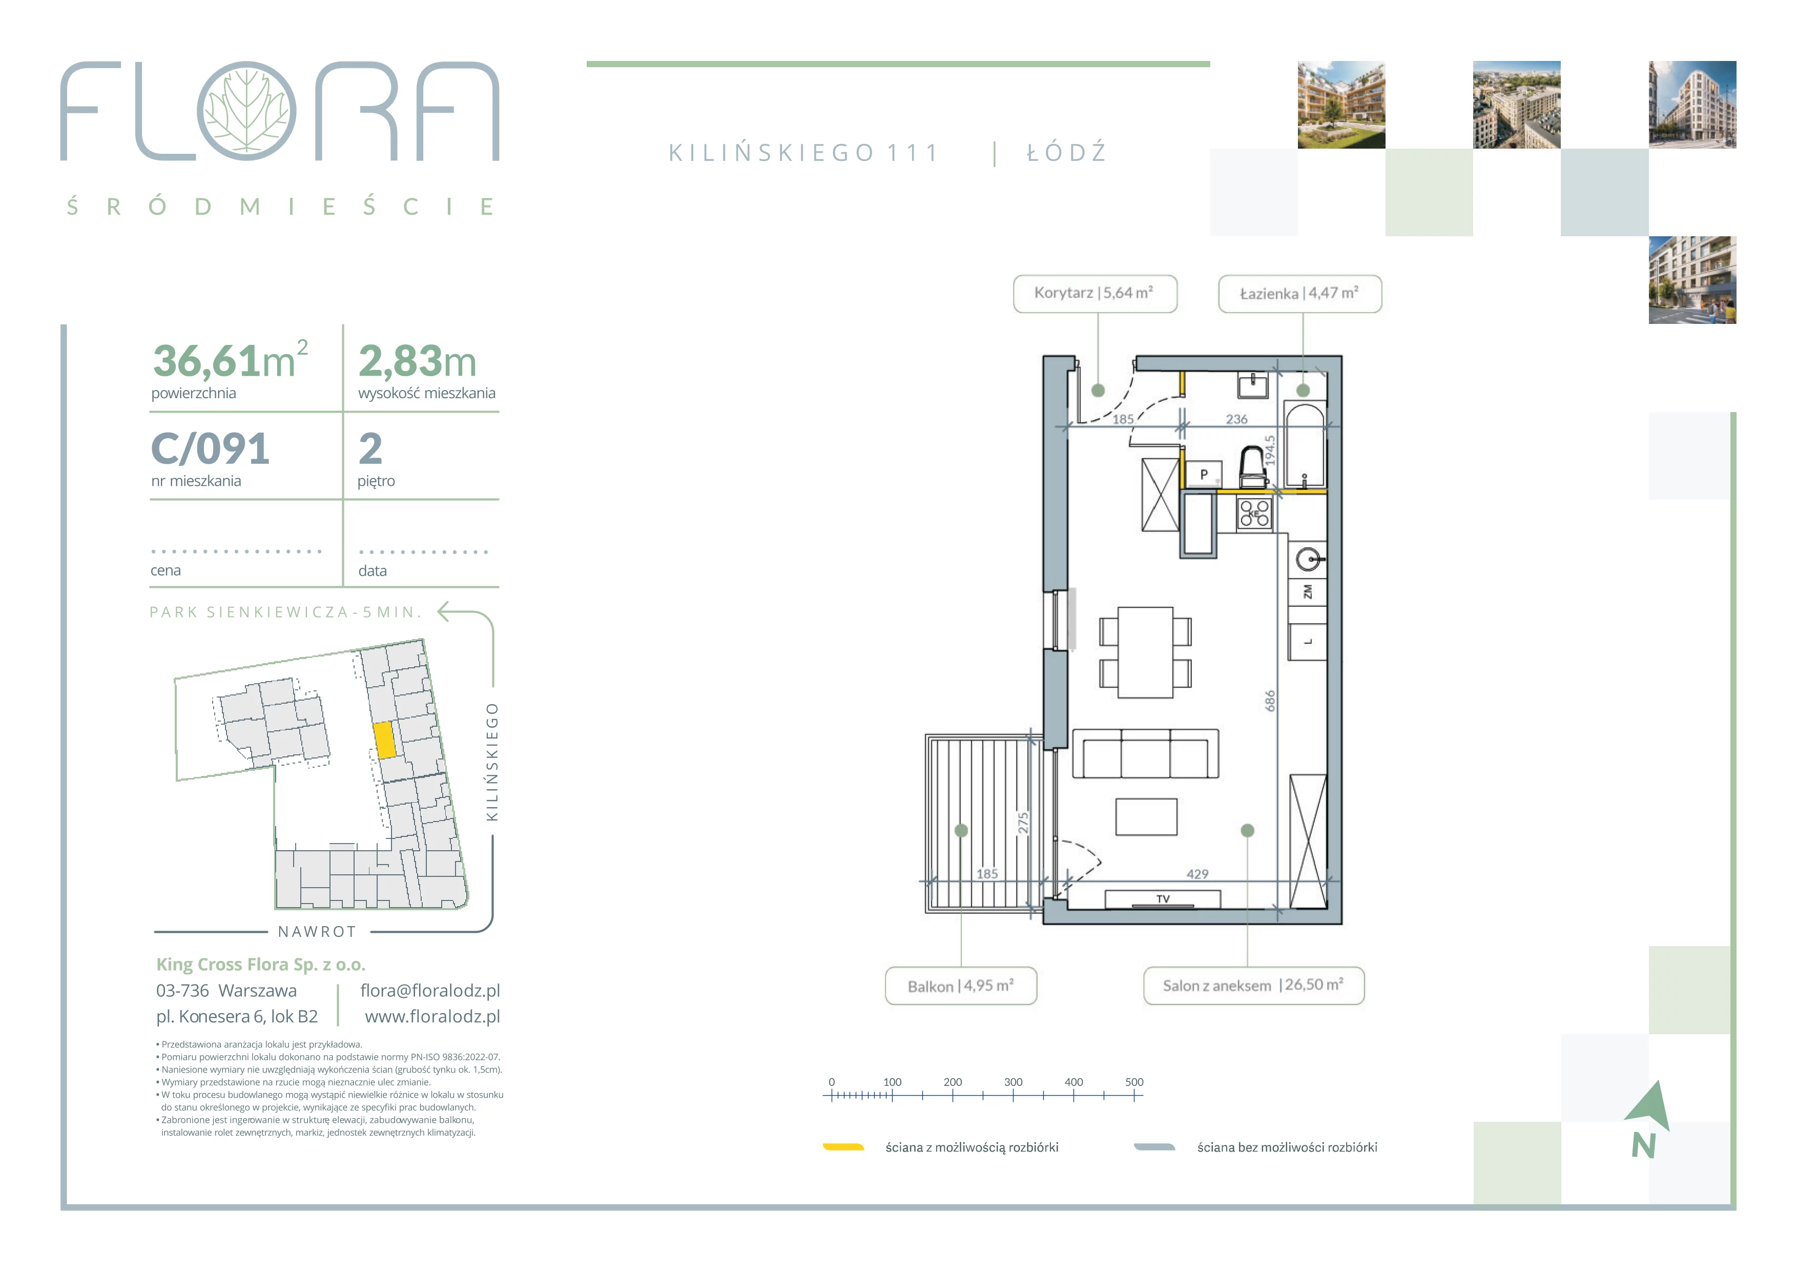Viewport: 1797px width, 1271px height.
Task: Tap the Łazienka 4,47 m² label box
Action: click(x=1299, y=294)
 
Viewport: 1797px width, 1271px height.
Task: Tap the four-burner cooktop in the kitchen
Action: click(x=1254, y=514)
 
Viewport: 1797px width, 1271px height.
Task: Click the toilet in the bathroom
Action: click(x=1253, y=466)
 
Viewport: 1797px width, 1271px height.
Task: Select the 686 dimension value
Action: click(x=1270, y=701)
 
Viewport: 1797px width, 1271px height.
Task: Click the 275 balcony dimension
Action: click(x=1023, y=824)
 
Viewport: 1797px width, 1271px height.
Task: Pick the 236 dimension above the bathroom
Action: click(x=1236, y=420)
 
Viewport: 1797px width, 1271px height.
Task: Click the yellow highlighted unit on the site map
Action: click(x=384, y=740)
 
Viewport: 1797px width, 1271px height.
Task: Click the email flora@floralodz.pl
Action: click(x=430, y=991)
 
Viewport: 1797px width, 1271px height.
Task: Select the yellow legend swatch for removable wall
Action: click(x=843, y=1147)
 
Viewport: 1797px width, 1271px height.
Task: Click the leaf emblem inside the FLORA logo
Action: click(x=246, y=110)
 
